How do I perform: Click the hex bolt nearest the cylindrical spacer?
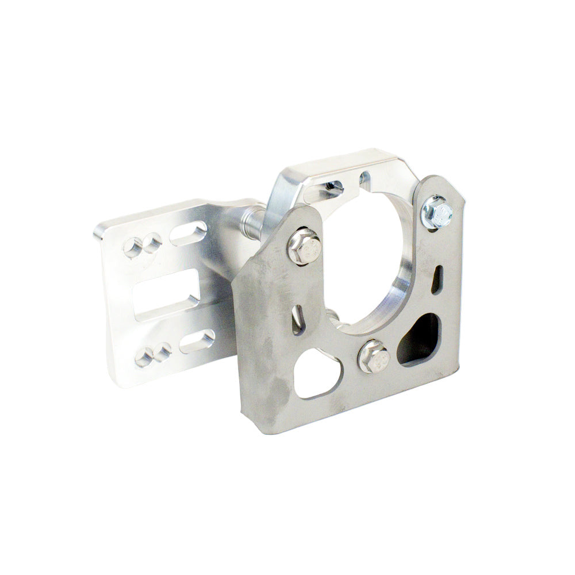tap(303, 246)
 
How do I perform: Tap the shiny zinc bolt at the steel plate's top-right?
tap(436, 212)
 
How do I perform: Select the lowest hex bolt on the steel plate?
tap(373, 356)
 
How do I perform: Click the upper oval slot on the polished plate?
tap(189, 233)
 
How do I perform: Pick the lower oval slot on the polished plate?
tap(197, 341)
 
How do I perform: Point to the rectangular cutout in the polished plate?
tap(167, 293)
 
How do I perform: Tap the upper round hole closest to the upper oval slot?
tap(152, 242)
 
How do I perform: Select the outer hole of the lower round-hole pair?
tap(143, 358)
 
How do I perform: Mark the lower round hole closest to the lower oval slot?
tap(163, 350)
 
